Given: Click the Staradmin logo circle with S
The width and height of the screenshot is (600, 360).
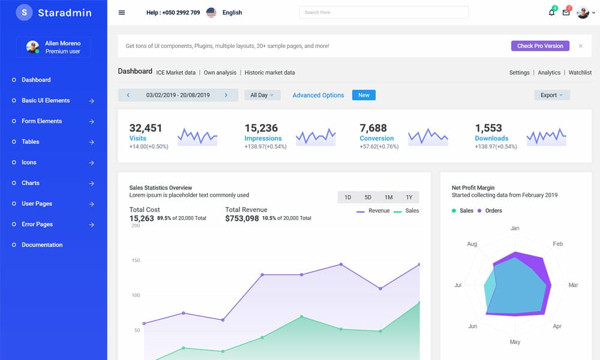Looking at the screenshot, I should [x=24, y=13].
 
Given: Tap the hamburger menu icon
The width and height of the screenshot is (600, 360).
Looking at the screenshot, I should [x=122, y=13].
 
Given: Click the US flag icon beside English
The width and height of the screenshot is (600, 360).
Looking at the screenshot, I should [x=211, y=13].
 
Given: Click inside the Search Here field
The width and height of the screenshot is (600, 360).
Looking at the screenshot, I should [x=384, y=13].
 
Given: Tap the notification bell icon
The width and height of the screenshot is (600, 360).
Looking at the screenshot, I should [x=551, y=13].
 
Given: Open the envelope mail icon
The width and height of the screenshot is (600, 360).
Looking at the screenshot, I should [x=566, y=13].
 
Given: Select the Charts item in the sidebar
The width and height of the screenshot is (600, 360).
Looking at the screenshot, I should [x=31, y=183].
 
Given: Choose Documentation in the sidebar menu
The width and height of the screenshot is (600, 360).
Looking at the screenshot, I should [x=42, y=245].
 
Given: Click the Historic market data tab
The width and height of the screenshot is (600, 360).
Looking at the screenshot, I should [x=269, y=73].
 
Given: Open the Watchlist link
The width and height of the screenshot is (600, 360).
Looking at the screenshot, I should [x=580, y=73].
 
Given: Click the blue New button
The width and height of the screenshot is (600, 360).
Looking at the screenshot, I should [x=364, y=95].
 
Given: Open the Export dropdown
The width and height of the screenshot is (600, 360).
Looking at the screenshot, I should [x=551, y=95].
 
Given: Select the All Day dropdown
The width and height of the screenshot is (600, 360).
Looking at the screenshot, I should [x=262, y=95].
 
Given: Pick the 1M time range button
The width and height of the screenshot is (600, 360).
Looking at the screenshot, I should [x=389, y=197].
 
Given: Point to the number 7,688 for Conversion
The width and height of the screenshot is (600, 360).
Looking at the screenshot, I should [x=373, y=128].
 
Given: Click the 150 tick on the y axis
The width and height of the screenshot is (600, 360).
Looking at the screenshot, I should [x=136, y=260].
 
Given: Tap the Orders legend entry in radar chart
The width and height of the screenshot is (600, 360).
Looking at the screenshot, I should [x=493, y=211].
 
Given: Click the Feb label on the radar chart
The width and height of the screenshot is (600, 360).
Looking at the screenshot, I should [x=557, y=244].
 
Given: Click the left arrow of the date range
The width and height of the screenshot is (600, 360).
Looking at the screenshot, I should [x=128, y=95].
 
